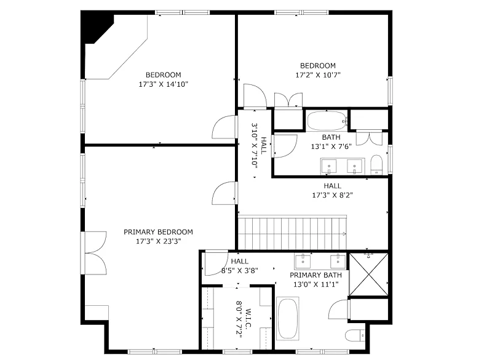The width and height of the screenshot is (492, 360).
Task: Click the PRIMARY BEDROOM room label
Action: [158, 232]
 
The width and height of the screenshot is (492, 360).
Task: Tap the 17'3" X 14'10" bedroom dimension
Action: [163, 84]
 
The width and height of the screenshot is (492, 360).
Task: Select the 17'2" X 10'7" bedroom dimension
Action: [318, 75]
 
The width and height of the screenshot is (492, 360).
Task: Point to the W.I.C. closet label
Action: [248, 318]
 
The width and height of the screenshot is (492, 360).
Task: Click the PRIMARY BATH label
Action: [315, 275]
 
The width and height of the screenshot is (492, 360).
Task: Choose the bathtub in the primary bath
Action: [287, 318]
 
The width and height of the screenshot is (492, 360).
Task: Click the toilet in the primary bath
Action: [355, 335]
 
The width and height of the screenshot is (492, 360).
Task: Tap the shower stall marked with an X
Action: [368, 274]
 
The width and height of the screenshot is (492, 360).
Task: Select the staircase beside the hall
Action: [292, 233]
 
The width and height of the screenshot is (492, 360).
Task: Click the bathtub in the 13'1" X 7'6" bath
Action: [327, 121]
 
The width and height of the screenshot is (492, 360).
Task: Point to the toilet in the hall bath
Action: [376, 164]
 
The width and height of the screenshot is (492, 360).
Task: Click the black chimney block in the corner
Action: [97, 28]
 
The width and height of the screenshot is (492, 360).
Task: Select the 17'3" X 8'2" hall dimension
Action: [332, 195]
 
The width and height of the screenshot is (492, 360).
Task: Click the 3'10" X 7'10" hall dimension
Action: [254, 146]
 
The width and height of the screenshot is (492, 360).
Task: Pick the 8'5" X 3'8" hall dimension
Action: [240, 271]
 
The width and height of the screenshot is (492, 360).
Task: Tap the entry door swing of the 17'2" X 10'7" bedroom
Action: [255, 96]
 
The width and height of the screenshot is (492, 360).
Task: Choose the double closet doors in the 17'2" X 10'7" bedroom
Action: [288, 100]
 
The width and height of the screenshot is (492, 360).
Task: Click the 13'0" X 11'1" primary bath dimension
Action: [315, 285]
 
